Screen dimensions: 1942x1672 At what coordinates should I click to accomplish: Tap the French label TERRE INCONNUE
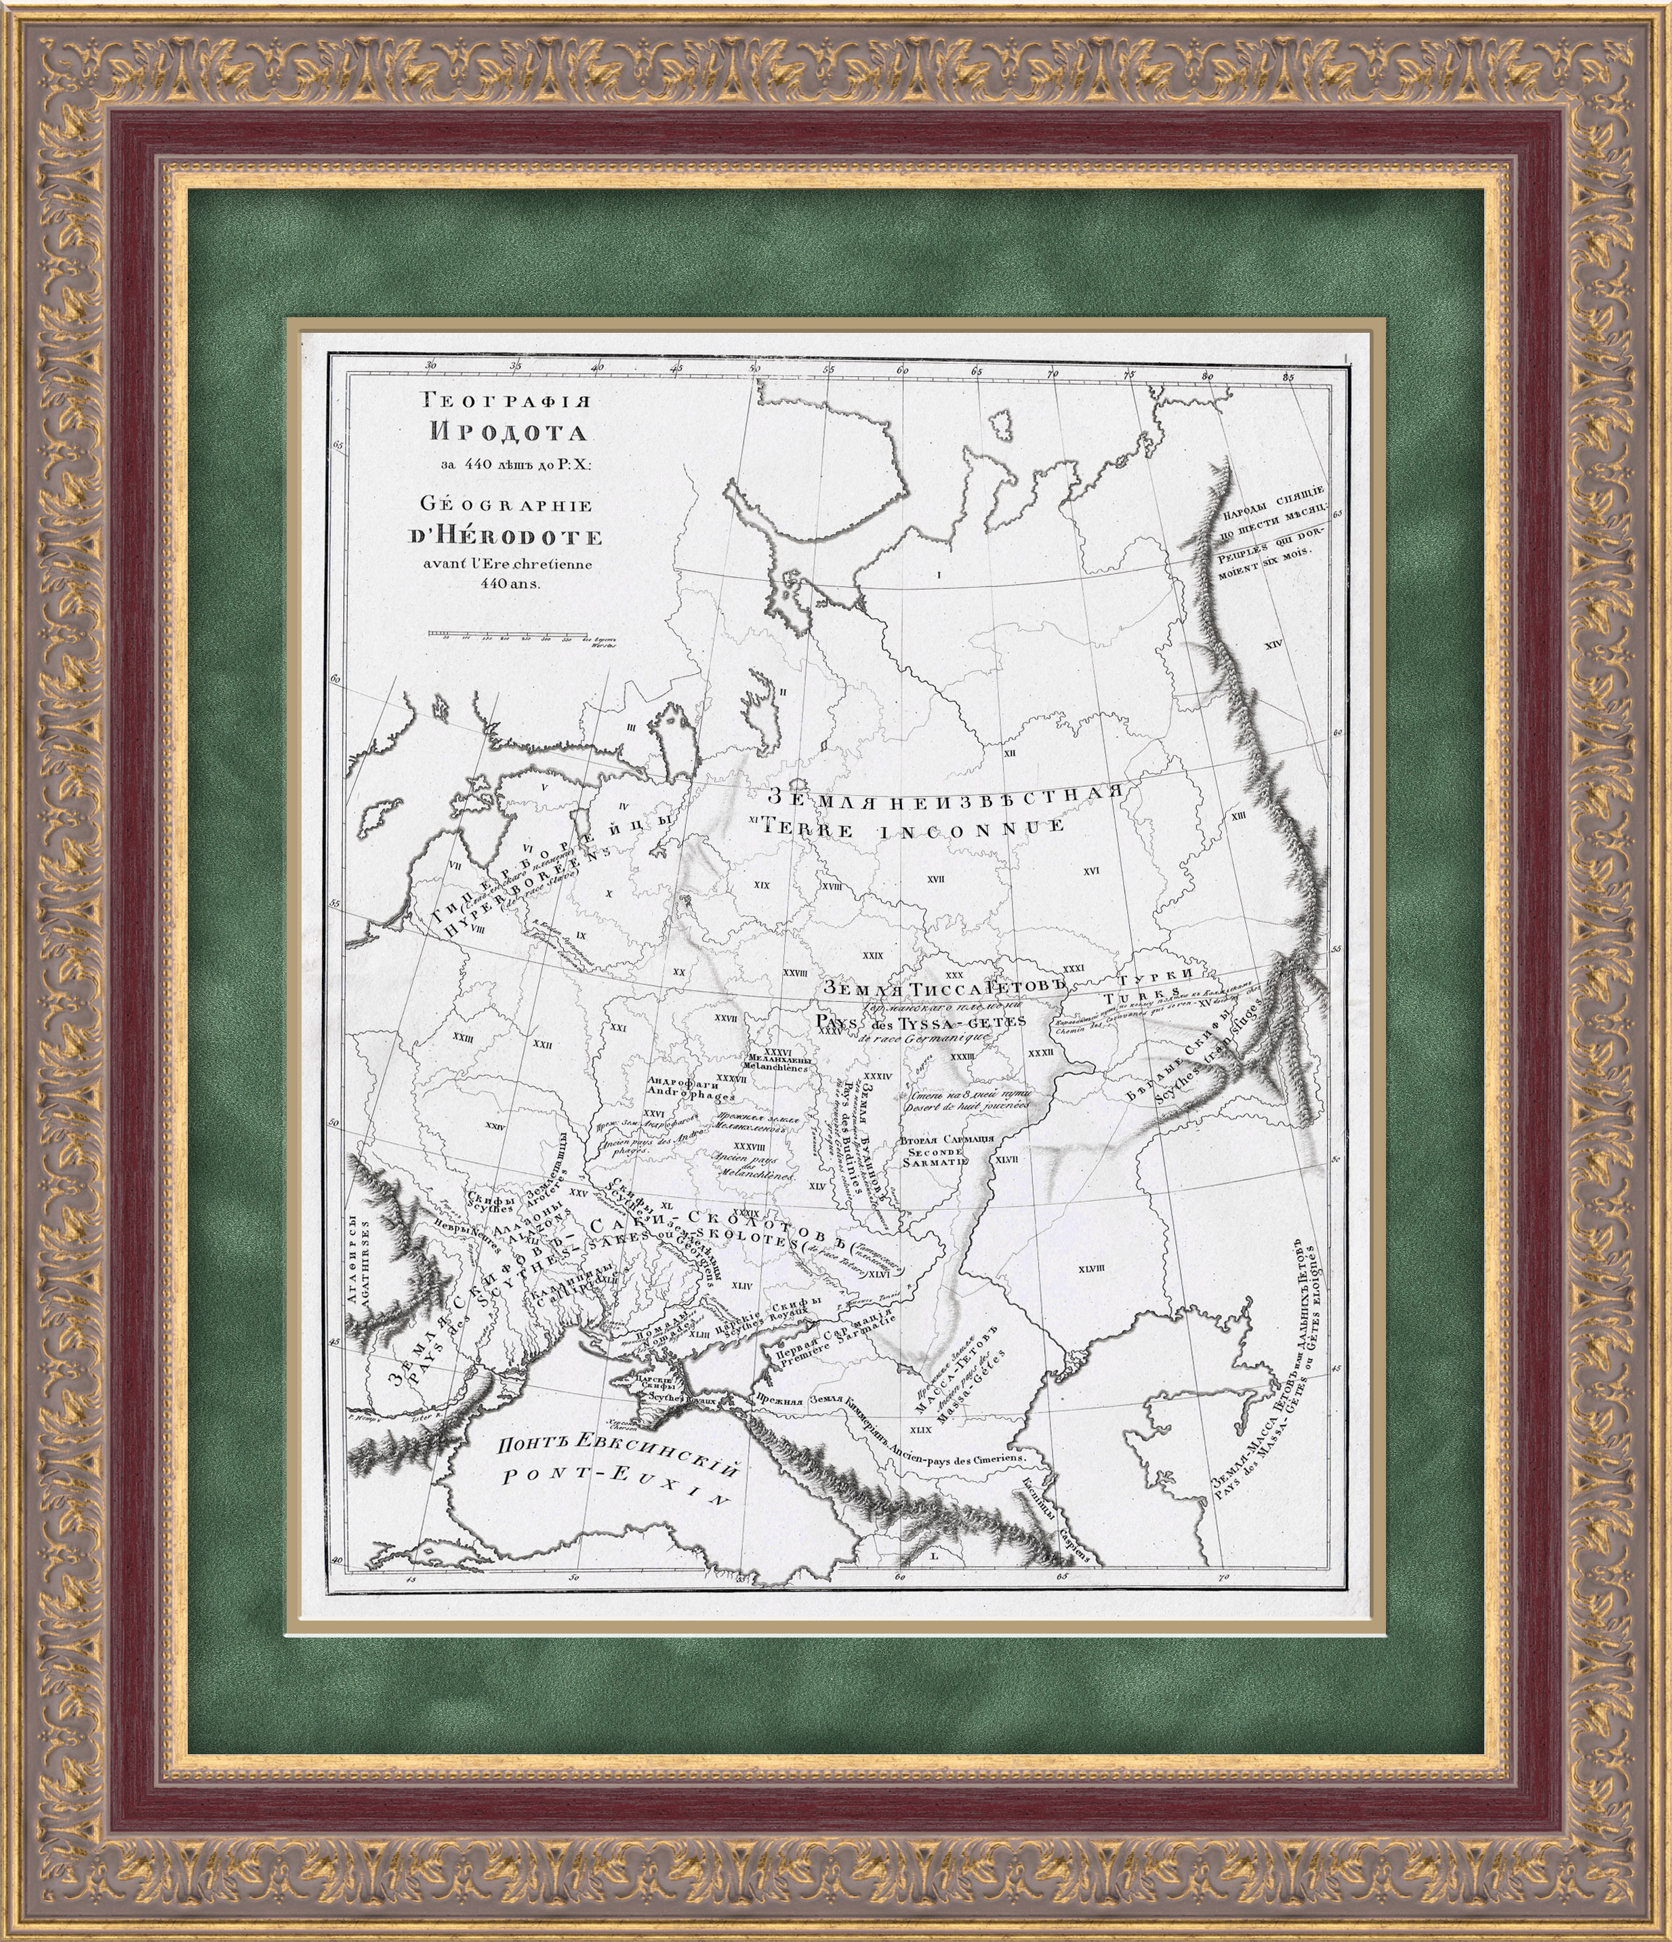[914, 827]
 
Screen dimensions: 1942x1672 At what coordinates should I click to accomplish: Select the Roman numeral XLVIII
[1092, 1269]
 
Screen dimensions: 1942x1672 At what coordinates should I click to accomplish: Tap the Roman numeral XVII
[935, 879]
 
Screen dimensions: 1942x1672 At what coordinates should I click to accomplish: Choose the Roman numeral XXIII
[462, 1038]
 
